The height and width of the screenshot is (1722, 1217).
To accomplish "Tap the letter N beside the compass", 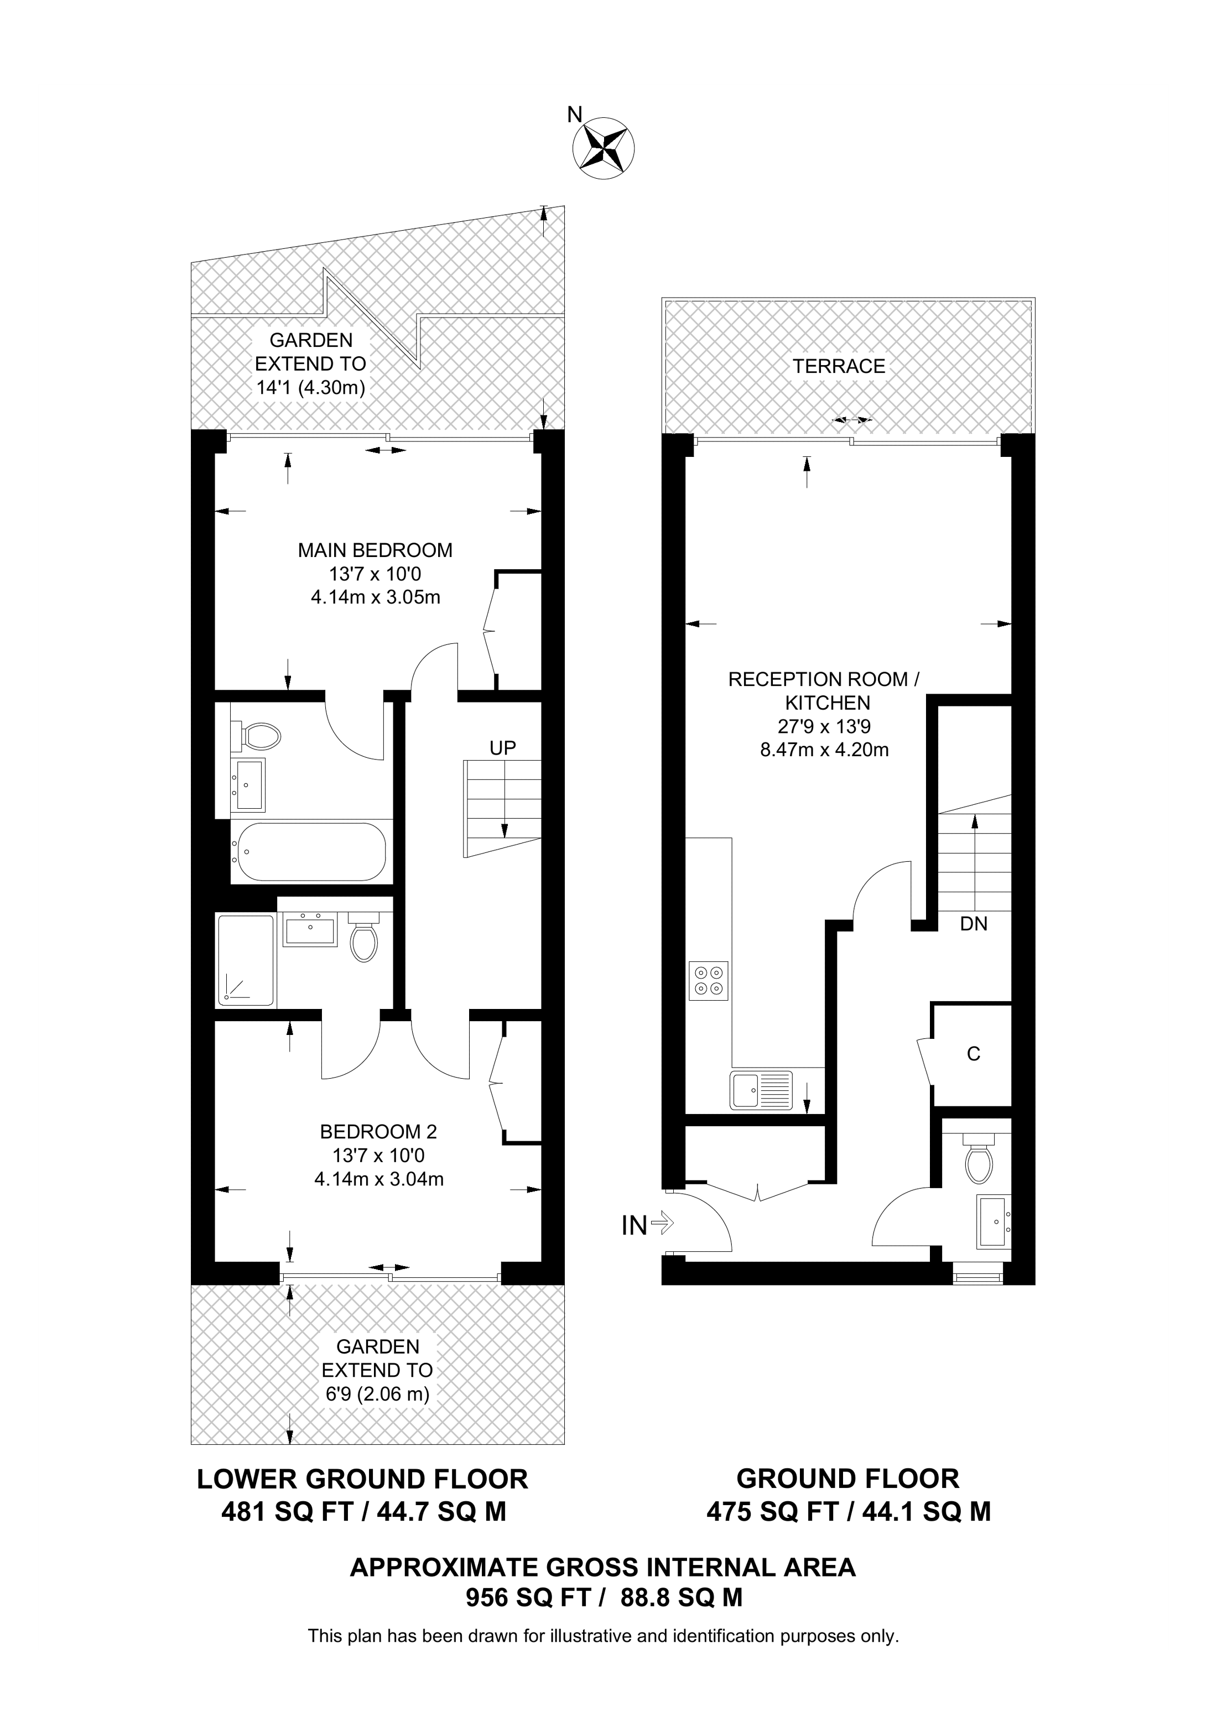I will click(574, 115).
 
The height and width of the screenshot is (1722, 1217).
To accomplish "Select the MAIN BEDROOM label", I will click(375, 550).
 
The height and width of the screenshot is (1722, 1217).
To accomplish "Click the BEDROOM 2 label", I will click(378, 1131).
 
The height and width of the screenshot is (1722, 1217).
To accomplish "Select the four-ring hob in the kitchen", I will click(709, 980).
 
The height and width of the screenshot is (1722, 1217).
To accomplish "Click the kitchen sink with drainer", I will click(760, 1090).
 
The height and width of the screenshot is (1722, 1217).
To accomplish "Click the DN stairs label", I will click(973, 924).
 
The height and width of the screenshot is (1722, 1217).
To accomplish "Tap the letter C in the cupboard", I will click(973, 1054).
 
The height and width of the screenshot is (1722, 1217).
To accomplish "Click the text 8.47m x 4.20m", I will click(824, 749).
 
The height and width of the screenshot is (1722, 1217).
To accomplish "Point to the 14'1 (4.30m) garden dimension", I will click(310, 388).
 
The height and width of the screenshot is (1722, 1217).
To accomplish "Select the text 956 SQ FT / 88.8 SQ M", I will click(604, 1598).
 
